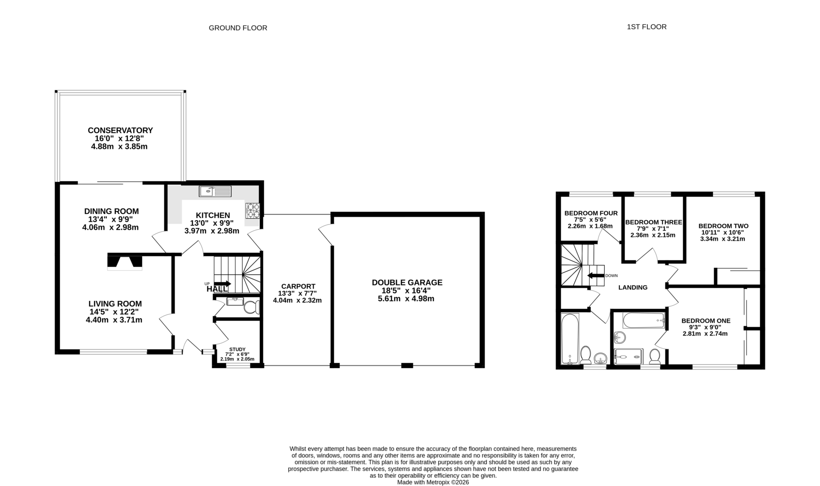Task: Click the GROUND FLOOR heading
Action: pos(238,28)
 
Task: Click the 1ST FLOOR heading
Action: pos(646,27)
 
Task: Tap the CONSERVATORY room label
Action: pos(120,130)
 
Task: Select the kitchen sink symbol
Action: pos(215,191)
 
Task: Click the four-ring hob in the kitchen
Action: pos(252,211)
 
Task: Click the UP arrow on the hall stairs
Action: pos(223,284)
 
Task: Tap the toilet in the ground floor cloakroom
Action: pos(251,307)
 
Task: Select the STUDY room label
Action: pos(237,349)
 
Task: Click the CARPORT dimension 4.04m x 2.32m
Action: pos(297,300)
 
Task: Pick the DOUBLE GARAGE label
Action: pos(407,282)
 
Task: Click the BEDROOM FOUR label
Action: pos(591,213)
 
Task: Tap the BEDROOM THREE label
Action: pos(653,222)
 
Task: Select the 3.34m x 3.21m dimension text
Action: pos(722,239)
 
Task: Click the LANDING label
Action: pos(633,287)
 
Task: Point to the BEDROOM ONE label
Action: pos(706,321)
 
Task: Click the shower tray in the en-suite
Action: pos(628,356)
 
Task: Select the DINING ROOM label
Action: pos(111,211)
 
